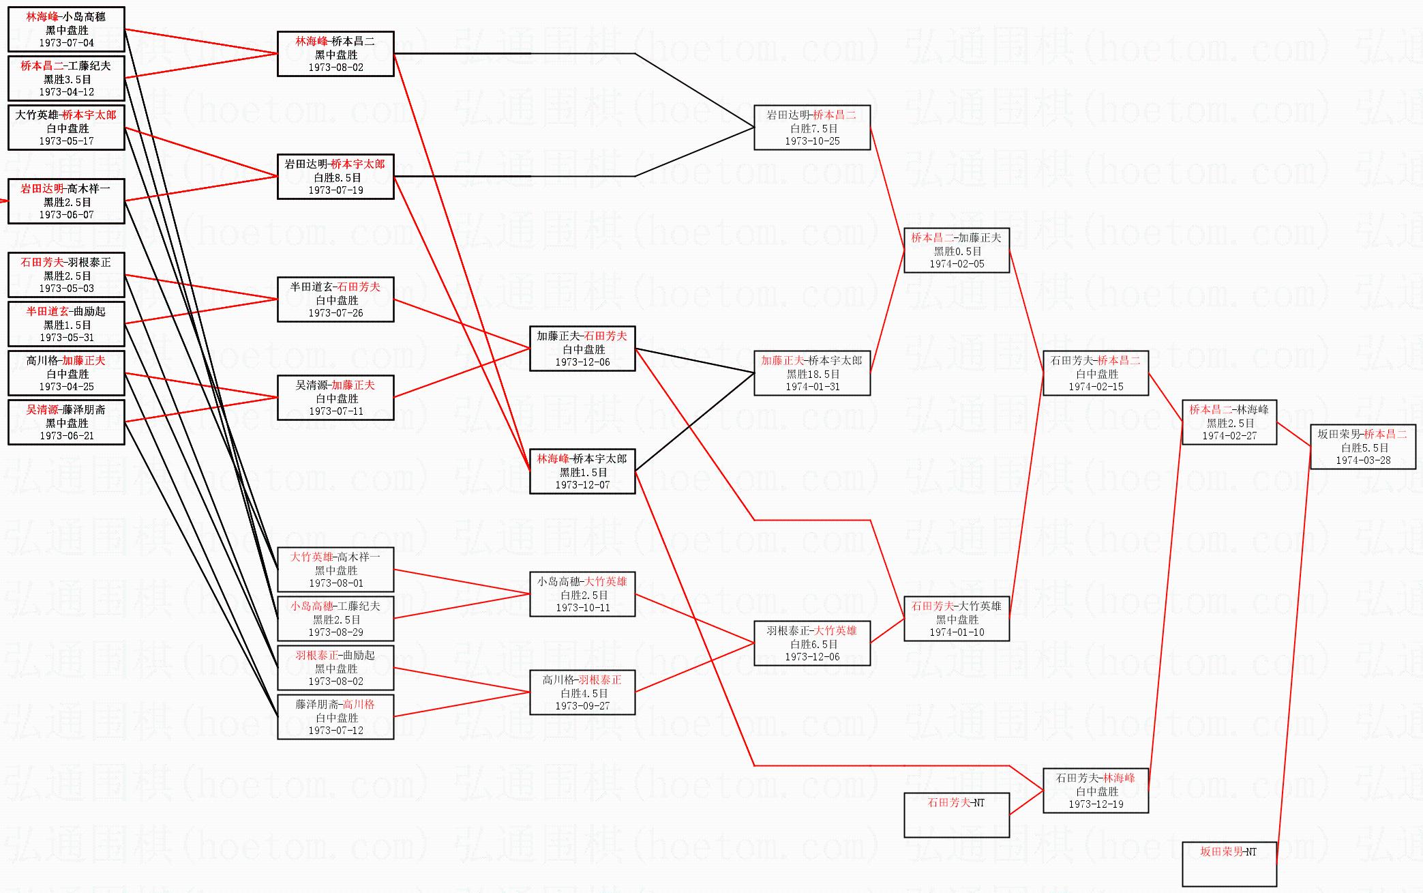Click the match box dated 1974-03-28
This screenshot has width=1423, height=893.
[1362, 447]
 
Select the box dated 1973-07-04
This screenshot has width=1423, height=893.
[66, 29]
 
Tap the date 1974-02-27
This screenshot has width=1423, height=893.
[1229, 435]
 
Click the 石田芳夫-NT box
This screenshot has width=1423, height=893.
[956, 814]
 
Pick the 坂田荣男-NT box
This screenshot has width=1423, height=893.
[1229, 863]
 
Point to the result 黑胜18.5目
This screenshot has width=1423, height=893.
[812, 374]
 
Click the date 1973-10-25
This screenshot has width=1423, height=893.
[812, 141]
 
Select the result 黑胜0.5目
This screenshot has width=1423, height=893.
[956, 251]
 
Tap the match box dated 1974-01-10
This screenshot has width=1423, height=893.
[956, 619]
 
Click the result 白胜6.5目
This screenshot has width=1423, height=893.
[812, 644]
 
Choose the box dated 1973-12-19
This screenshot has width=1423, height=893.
[1095, 791]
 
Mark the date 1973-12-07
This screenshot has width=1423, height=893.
[582, 485]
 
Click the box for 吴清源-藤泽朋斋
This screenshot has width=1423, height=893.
[66, 422]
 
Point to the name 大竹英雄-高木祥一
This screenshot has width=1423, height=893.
[335, 557]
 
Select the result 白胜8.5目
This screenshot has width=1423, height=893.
[335, 177]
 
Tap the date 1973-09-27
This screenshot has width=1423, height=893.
[582, 706]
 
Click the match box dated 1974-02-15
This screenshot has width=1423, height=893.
[1095, 373]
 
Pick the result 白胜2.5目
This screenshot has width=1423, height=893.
[582, 595]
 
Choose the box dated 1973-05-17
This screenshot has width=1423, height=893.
[66, 128]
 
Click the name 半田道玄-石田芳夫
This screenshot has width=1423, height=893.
[335, 287]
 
